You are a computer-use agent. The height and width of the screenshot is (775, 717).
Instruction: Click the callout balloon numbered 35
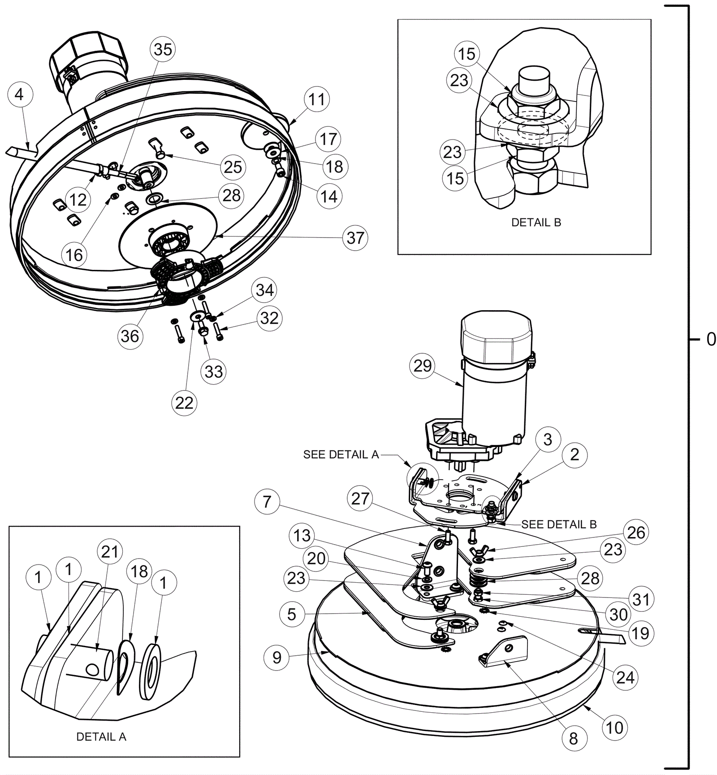coord(163,49)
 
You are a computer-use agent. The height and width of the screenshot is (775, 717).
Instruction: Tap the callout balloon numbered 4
coord(19,95)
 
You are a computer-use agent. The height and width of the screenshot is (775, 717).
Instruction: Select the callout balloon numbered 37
coord(355,238)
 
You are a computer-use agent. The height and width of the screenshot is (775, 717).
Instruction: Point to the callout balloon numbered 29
coord(422,366)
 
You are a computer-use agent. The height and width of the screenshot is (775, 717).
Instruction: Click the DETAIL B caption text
coord(536,222)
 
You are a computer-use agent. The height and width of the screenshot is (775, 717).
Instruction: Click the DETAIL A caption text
coord(101,736)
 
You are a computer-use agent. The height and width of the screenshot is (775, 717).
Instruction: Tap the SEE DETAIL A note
coord(341,455)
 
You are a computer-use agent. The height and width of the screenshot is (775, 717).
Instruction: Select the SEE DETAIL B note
coord(559,524)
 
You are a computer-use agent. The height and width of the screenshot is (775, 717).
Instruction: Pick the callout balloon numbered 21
coord(110,552)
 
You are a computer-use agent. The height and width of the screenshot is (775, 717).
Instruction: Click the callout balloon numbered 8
coord(573,738)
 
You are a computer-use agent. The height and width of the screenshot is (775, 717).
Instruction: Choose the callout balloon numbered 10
coord(614,727)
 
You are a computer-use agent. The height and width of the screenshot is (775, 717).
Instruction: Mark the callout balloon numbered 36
coord(130,336)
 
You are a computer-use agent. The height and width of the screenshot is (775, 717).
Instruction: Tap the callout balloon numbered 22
coord(184,403)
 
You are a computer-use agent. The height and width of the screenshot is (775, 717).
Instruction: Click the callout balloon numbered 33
coord(214,371)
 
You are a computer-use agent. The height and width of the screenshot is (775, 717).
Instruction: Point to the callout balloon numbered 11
coord(317,99)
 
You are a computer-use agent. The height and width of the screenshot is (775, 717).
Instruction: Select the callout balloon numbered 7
coord(267,502)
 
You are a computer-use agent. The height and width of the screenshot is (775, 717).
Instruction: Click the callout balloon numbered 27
coord(360,498)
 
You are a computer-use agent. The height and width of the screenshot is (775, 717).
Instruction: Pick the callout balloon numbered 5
coord(292,614)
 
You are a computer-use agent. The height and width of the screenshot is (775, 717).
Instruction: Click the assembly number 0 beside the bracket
coord(711,339)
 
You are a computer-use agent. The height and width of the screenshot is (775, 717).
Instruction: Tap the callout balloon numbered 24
coord(625,677)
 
